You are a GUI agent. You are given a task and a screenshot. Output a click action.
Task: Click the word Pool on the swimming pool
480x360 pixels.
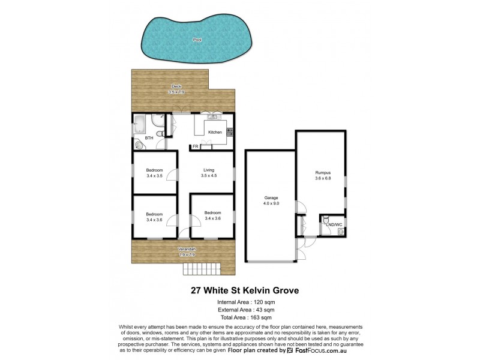click(197, 40)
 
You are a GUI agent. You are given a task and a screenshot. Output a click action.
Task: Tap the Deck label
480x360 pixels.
click(176, 86)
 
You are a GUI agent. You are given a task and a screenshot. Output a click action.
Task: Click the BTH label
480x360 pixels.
click(149, 138)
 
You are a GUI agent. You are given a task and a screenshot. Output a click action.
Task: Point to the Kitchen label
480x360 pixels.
click(215, 132)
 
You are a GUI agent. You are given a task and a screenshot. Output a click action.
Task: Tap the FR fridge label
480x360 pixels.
click(196, 146)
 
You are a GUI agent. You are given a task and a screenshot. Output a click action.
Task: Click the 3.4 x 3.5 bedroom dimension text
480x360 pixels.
click(154, 176)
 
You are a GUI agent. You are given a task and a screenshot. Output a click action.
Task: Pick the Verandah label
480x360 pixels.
click(187, 249)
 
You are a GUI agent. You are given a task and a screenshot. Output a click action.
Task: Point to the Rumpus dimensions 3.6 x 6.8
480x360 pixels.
click(323, 179)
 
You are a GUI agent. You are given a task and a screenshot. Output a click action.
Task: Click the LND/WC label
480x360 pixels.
click(333, 224)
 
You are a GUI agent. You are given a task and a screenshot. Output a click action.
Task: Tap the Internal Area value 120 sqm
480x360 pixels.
click(259, 301)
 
